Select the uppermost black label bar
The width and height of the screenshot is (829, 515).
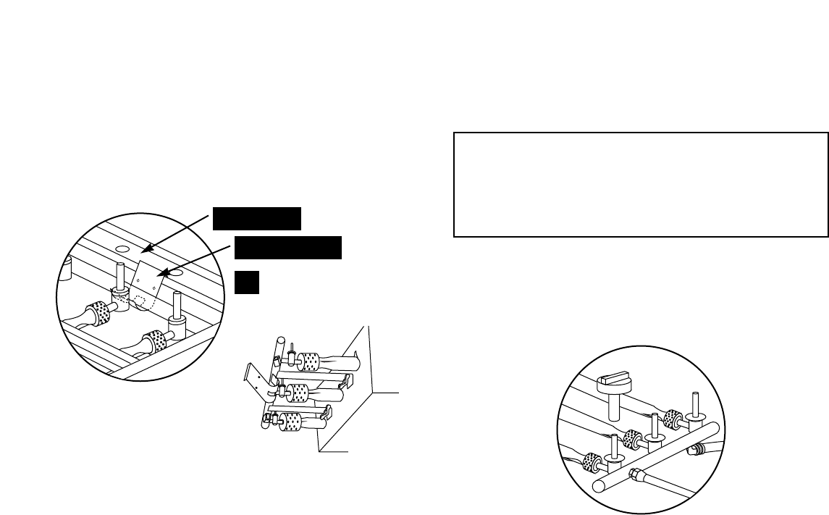coord(257,217)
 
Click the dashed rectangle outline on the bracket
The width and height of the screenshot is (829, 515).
coord(148,299)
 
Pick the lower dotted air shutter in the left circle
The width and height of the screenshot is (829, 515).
coord(154,338)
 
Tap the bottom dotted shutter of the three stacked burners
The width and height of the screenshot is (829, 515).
coord(291,422)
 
